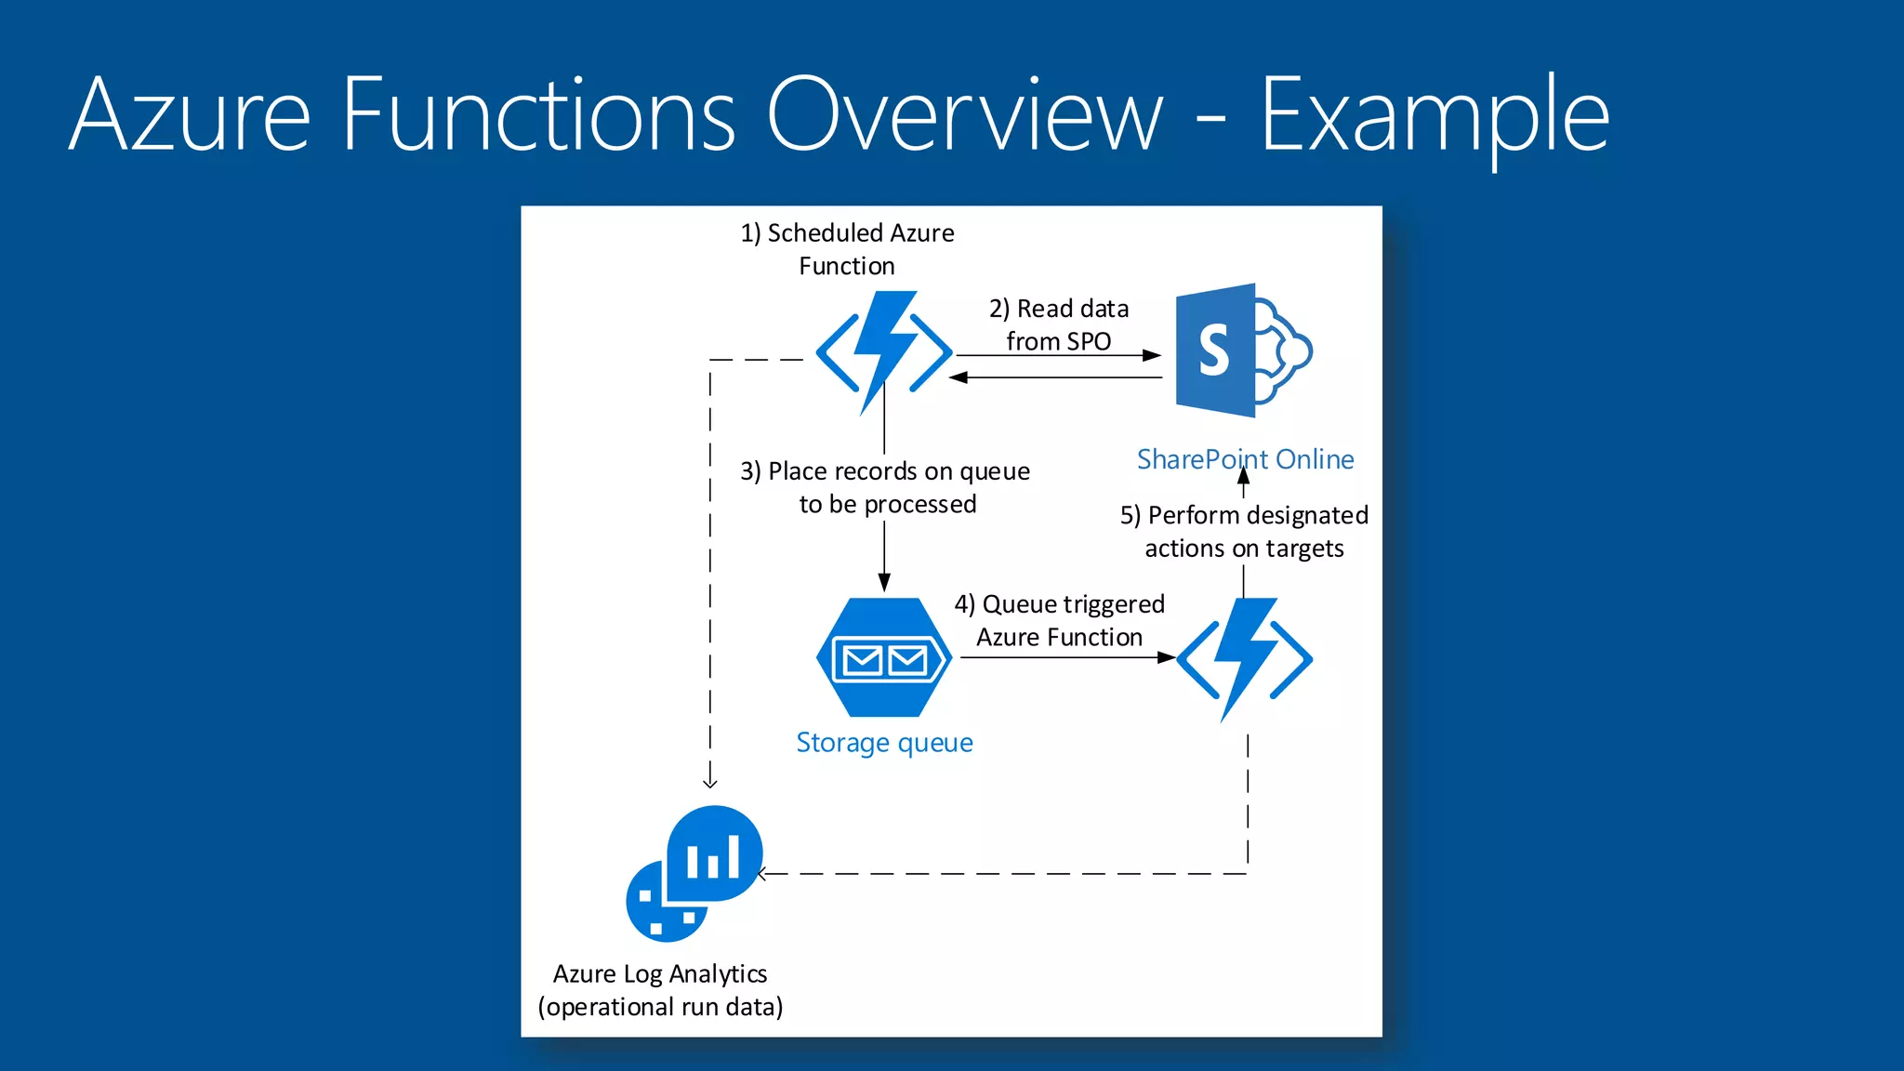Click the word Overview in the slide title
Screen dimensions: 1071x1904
point(964,115)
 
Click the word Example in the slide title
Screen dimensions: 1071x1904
point(1435,115)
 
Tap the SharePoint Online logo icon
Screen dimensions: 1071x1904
point(1242,350)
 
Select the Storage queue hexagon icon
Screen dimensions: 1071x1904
point(884,657)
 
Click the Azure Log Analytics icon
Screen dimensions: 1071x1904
point(695,872)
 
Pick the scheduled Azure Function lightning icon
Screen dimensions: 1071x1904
point(884,352)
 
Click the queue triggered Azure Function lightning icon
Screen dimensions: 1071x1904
point(1244,658)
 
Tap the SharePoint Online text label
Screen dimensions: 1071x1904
point(1245,459)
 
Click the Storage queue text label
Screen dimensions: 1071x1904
point(884,743)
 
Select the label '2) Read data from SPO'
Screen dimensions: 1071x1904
point(1059,324)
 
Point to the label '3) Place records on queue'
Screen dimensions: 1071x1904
point(885,471)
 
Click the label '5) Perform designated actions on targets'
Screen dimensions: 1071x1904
point(1244,532)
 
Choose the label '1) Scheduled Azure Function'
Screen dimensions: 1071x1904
point(847,249)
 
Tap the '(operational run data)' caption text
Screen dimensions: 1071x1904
point(660,1007)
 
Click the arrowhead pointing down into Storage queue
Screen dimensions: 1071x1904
point(884,583)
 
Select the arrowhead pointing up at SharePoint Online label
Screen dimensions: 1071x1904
point(1244,478)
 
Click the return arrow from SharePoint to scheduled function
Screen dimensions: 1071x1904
point(1055,377)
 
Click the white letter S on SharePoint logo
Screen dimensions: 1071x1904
point(1214,350)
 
